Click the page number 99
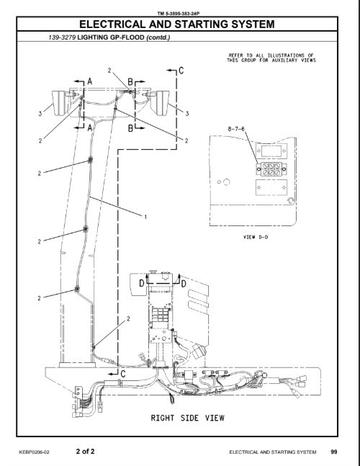(x=334, y=452)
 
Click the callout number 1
(x=145, y=218)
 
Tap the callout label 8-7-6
(x=236, y=129)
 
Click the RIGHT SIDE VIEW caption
(x=188, y=418)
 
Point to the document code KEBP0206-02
(x=34, y=452)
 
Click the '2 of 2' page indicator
(x=85, y=451)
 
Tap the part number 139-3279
(x=62, y=37)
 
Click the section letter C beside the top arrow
(x=181, y=71)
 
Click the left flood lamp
(x=60, y=103)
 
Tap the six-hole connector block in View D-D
(x=271, y=169)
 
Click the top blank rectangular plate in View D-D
(x=271, y=151)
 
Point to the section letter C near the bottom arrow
(x=124, y=374)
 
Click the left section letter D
(x=142, y=283)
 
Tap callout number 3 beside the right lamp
(x=186, y=114)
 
